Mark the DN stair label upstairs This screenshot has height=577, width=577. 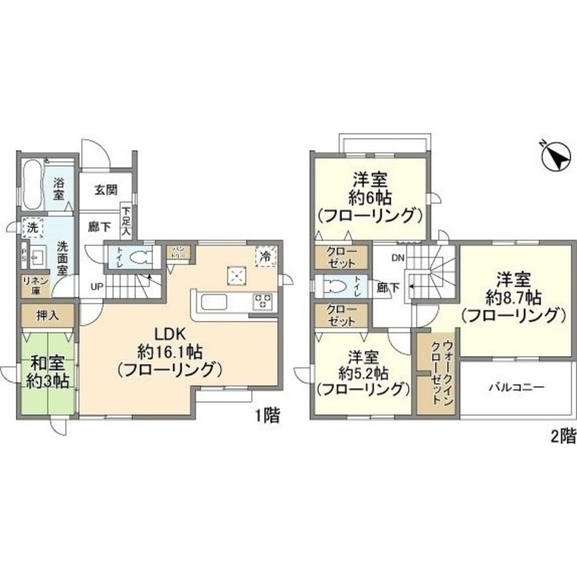397,258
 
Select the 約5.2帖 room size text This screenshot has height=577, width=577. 363,373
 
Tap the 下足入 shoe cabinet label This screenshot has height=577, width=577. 126,219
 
